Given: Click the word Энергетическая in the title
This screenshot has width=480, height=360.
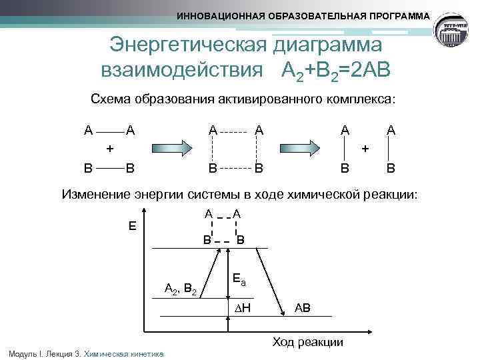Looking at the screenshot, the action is click(189, 45).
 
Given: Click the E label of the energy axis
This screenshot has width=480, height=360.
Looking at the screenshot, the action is click(132, 226).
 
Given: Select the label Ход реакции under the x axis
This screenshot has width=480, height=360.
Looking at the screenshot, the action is click(307, 342).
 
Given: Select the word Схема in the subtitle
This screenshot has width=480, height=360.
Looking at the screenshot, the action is click(111, 99).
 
